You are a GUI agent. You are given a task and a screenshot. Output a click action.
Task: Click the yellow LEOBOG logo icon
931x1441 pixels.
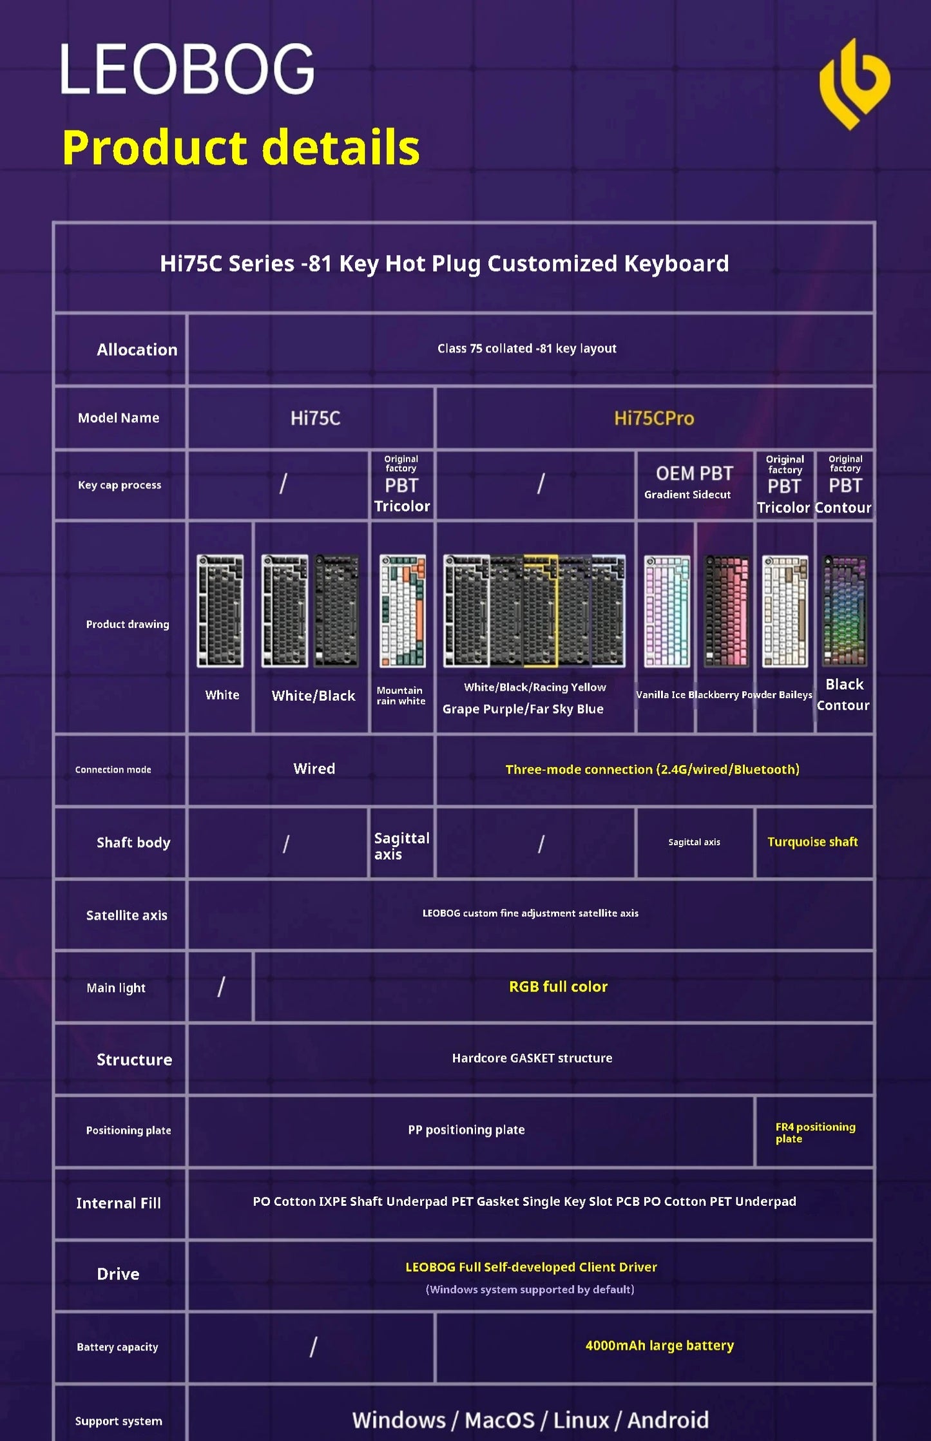click(x=854, y=84)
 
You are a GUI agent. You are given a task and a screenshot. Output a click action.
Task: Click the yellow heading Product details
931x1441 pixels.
click(x=240, y=148)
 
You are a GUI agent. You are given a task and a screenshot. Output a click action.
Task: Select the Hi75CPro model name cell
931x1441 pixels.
click(x=654, y=418)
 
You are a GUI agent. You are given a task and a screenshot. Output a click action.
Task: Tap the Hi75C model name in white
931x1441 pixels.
click(x=315, y=418)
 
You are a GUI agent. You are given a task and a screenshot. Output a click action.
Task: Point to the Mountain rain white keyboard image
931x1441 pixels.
click(x=402, y=611)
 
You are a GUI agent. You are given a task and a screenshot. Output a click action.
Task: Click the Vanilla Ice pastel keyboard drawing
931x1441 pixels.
click(x=667, y=611)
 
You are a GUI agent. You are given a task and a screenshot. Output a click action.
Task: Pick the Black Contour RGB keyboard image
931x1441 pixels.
click(x=845, y=611)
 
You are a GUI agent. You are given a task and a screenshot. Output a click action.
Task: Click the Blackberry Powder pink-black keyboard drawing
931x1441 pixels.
click(x=726, y=611)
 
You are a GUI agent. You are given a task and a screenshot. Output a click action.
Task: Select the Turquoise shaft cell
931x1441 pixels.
click(x=812, y=842)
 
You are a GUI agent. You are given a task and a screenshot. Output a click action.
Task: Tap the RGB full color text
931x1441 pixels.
click(x=558, y=986)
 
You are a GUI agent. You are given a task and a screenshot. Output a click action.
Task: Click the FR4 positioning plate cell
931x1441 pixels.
click(x=814, y=1132)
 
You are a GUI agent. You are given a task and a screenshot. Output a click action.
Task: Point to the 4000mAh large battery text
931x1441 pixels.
click(x=659, y=1345)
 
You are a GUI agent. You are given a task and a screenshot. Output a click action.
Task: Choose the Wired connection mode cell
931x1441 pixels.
click(x=314, y=768)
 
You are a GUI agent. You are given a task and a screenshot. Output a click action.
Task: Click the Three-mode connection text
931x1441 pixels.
click(x=652, y=769)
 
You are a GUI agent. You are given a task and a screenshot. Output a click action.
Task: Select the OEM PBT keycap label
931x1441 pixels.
click(x=694, y=474)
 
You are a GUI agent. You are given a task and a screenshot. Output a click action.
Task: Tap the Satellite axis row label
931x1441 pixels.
click(x=126, y=915)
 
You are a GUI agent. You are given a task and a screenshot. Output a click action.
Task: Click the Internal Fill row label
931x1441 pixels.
click(x=119, y=1203)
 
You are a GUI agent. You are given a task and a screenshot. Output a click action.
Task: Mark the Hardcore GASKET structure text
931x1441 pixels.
click(x=532, y=1058)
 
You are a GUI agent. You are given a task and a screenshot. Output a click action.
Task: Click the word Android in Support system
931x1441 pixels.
click(x=668, y=1420)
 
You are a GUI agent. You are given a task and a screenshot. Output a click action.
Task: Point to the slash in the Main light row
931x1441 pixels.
click(x=221, y=986)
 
